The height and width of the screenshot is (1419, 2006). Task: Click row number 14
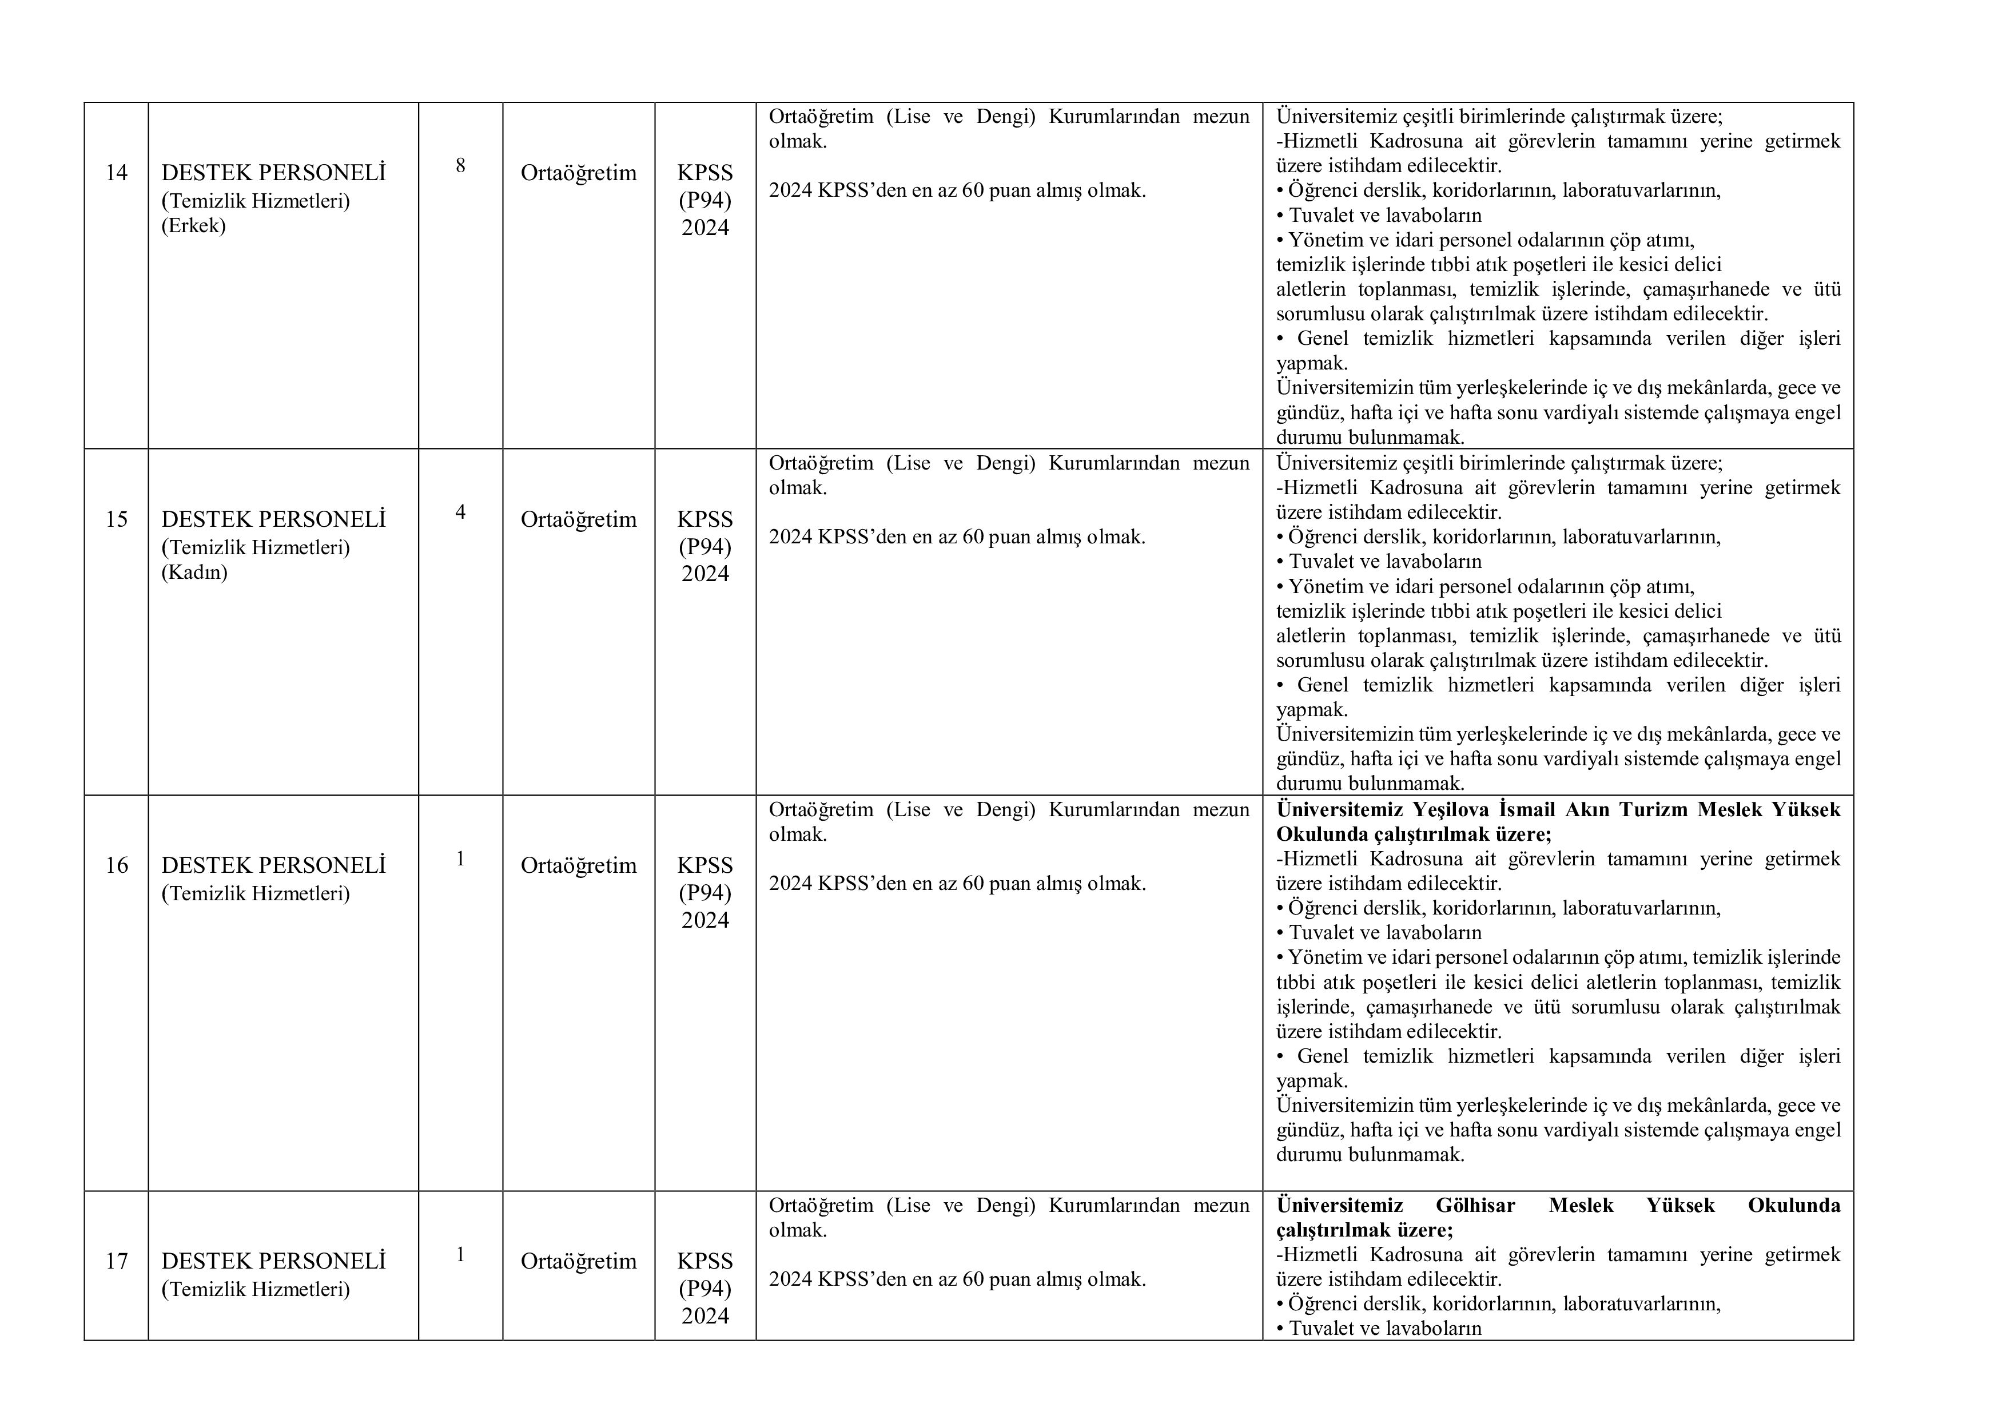click(116, 173)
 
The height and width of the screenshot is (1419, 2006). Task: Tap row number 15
click(116, 520)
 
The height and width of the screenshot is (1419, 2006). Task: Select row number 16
click(116, 866)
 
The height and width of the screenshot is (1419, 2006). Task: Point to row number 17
click(116, 1262)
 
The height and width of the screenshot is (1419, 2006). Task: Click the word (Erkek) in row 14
click(193, 226)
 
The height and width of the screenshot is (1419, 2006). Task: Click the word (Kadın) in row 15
click(194, 573)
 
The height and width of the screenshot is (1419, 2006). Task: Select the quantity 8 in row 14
click(460, 165)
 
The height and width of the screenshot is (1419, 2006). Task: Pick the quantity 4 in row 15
click(460, 512)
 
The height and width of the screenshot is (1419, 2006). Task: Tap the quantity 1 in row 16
click(460, 859)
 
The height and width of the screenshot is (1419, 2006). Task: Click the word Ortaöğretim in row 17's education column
click(578, 1262)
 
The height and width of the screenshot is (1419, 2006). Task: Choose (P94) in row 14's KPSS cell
click(705, 201)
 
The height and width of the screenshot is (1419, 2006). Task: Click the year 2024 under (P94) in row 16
click(705, 920)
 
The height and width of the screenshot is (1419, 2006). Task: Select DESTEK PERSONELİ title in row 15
click(273, 520)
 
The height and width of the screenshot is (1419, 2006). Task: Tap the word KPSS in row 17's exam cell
click(705, 1262)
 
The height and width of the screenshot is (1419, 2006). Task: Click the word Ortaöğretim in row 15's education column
click(578, 520)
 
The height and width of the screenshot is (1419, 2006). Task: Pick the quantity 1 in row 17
click(460, 1255)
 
